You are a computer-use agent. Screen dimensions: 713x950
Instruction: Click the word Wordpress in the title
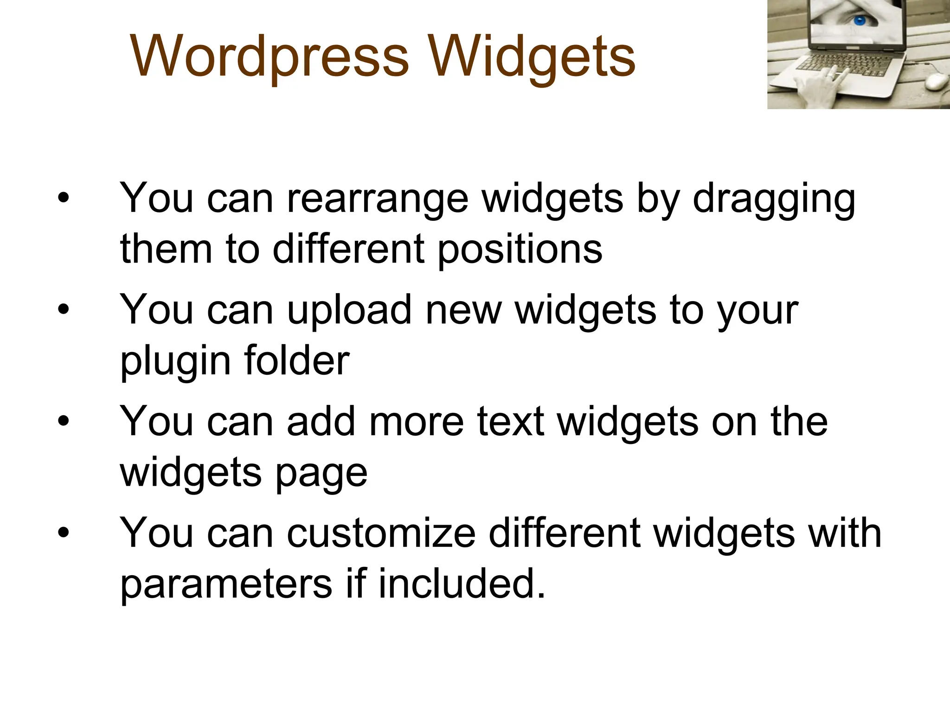[x=270, y=57]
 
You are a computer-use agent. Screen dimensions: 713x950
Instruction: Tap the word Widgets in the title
[x=532, y=58]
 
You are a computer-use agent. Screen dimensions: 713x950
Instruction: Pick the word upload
[x=349, y=310]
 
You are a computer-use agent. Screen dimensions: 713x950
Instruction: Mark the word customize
[x=381, y=533]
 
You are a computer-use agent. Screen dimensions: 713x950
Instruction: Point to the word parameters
[x=226, y=584]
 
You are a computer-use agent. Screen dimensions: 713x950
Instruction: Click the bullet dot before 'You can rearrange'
[x=64, y=199]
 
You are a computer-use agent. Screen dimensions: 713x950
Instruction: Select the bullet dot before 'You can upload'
[x=64, y=310]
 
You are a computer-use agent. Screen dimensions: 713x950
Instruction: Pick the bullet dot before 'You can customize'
[x=64, y=533]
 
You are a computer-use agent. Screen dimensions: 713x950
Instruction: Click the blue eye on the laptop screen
[x=860, y=20]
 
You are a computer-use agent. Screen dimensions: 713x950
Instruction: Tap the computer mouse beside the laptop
[x=937, y=82]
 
